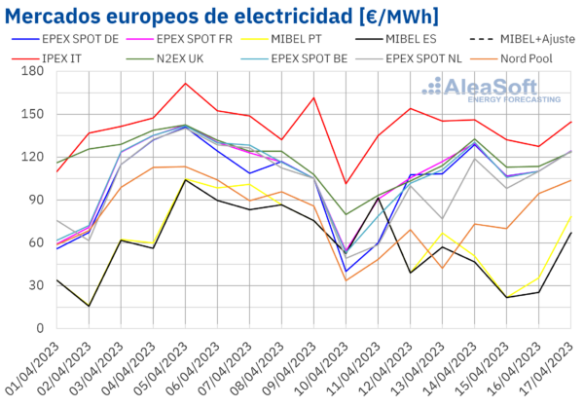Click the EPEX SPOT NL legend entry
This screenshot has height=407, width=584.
pos(438,57)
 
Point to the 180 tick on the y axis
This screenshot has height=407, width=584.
pos(26,71)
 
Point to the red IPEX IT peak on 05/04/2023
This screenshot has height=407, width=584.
pos(185,83)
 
